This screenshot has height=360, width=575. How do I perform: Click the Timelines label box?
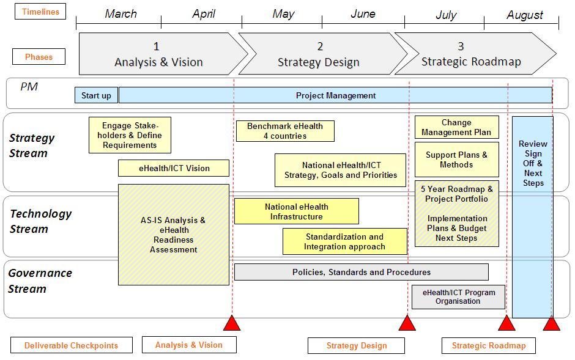(40, 12)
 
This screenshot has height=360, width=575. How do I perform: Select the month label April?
(204, 14)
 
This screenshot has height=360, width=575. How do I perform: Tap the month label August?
(524, 15)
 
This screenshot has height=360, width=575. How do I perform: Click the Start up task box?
(96, 95)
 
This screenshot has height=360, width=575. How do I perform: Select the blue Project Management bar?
(336, 95)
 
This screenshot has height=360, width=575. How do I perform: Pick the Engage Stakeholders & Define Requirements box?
(130, 135)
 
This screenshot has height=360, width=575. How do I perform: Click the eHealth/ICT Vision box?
(174, 168)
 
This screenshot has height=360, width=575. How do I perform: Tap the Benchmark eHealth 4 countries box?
(285, 131)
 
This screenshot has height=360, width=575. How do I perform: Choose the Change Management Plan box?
(457, 127)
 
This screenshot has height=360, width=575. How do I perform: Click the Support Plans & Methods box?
(457, 160)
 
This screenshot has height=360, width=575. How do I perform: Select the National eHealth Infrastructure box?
(297, 211)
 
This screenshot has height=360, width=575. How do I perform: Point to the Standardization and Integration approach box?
(345, 241)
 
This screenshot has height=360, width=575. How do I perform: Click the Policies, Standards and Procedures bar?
(361, 272)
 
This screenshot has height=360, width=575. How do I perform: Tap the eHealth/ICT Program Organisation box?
(458, 297)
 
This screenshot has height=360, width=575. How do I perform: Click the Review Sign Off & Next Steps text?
(533, 163)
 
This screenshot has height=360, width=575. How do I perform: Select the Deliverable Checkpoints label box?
(72, 345)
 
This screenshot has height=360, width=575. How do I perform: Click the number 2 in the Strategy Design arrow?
(320, 46)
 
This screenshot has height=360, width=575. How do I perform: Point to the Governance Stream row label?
(40, 281)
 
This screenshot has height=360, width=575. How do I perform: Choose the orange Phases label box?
(39, 57)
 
